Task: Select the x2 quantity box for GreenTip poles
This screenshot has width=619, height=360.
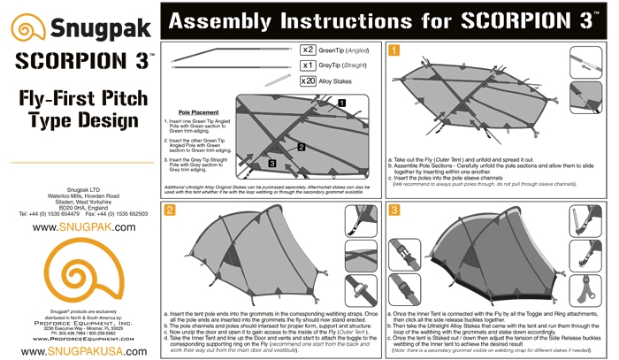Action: pyautogui.click(x=309, y=50)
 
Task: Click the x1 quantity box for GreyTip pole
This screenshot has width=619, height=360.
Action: pyautogui.click(x=309, y=65)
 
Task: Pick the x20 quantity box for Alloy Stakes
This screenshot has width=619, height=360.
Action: pyautogui.click(x=309, y=80)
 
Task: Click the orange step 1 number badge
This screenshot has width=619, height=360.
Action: pyautogui.click(x=394, y=50)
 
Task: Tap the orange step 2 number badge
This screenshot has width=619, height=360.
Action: pyautogui.click(x=169, y=210)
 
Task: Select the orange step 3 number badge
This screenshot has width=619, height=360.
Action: pyautogui.click(x=394, y=210)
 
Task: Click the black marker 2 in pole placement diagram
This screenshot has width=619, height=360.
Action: pyautogui.click(x=302, y=146)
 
